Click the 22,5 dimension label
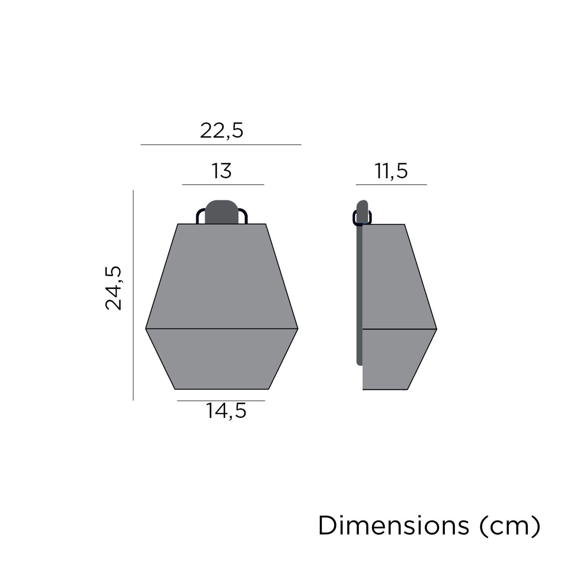(221, 131)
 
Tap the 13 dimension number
(221, 171)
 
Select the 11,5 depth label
(391, 171)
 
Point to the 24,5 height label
(113, 288)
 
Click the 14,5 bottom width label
(226, 411)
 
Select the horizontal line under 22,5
(221, 144)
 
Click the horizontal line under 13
(223, 185)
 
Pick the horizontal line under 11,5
(391, 185)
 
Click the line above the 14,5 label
(221, 400)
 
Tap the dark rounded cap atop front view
(222, 212)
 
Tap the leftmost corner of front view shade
(147, 329)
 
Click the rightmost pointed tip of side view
(435, 329)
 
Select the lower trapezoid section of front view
(222, 358)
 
